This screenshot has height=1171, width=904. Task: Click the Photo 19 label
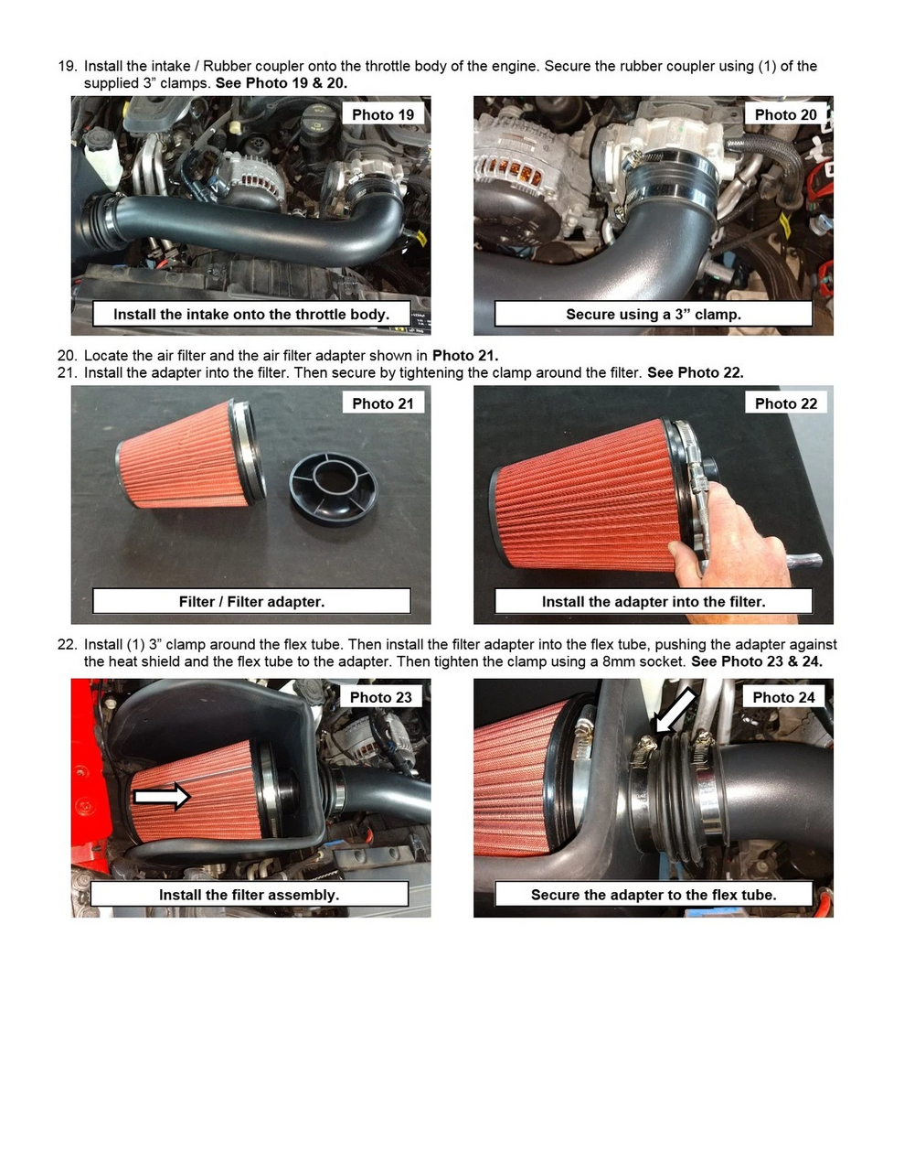(383, 114)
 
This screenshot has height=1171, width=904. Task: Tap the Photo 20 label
(785, 114)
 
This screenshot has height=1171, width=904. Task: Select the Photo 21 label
(383, 403)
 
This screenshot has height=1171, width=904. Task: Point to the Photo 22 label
(785, 403)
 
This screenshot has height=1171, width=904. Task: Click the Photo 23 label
(381, 697)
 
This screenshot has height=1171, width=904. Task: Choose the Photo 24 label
(783, 697)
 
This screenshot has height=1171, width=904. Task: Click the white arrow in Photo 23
(162, 797)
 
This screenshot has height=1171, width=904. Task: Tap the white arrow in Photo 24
(675, 712)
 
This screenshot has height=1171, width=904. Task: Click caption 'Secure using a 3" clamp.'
(653, 314)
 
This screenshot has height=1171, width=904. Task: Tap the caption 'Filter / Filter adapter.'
(251, 601)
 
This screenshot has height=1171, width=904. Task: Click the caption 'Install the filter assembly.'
(249, 895)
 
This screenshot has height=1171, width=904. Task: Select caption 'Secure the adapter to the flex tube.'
(653, 895)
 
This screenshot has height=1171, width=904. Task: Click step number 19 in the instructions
(67, 66)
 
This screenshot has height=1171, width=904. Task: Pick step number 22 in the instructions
(67, 644)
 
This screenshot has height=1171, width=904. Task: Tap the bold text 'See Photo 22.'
(695, 372)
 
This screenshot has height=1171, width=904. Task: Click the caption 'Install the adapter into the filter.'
(653, 601)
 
